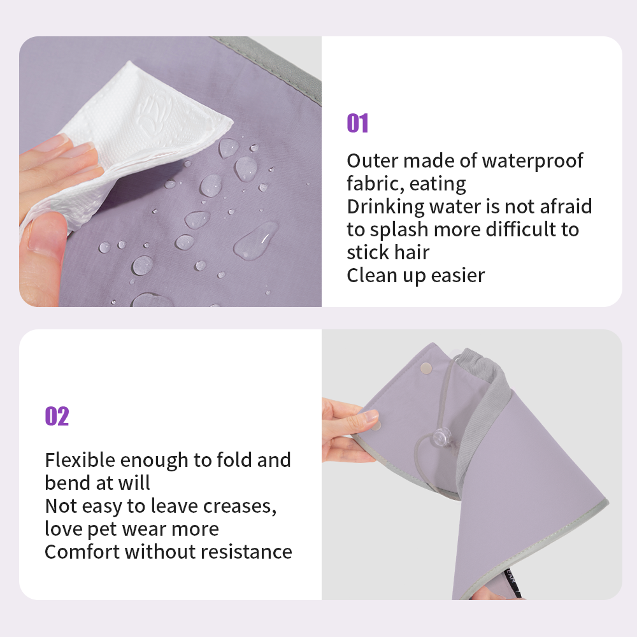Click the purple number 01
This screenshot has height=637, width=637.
(357, 123)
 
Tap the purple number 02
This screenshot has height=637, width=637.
(57, 416)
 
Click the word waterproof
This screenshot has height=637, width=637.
(532, 162)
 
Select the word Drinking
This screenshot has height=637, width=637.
(385, 207)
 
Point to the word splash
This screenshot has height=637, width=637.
(399, 231)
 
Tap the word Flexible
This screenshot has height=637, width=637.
(80, 460)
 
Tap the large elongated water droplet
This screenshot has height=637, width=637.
(256, 241)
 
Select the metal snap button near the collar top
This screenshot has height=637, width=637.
(426, 368)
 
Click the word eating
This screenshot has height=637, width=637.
(438, 185)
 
